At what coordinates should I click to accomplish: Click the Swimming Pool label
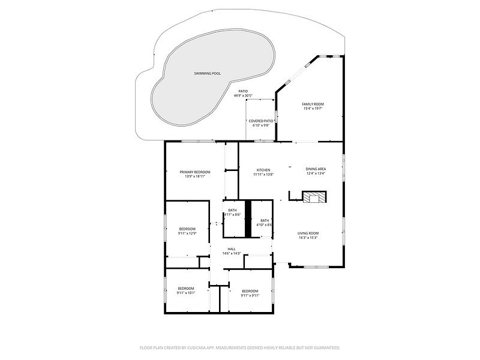click(x=207, y=73)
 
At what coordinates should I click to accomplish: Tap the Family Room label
click(x=313, y=104)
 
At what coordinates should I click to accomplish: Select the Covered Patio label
click(x=261, y=121)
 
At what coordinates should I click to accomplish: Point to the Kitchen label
click(x=263, y=170)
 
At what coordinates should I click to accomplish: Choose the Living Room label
click(x=308, y=233)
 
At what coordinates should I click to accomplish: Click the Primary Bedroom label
click(x=195, y=172)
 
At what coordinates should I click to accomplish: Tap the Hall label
click(x=231, y=249)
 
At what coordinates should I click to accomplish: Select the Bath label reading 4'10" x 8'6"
click(x=265, y=220)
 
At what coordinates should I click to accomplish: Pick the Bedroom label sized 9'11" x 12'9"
click(x=187, y=229)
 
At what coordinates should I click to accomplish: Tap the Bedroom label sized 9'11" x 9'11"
click(x=250, y=291)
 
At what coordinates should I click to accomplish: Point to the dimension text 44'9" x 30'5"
click(x=243, y=95)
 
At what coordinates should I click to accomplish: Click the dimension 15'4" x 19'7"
click(x=313, y=109)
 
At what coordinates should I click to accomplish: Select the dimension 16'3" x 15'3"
click(x=308, y=238)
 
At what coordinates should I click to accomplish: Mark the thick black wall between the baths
click(x=247, y=218)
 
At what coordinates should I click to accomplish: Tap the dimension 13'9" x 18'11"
click(x=195, y=176)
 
